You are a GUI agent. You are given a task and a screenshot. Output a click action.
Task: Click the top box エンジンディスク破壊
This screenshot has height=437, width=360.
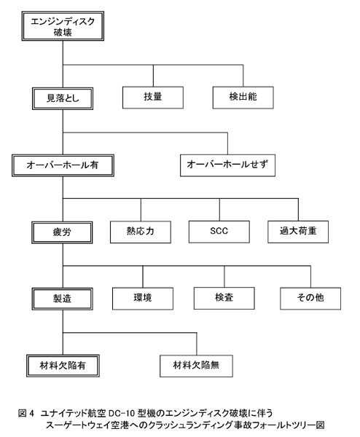coord(63,26)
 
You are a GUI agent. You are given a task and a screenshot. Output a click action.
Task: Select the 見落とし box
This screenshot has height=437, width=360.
coord(63,98)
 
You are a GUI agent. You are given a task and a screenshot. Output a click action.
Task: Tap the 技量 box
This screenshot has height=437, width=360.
coord(153,98)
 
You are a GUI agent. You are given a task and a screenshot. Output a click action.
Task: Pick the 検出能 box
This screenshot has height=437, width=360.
coord(243,98)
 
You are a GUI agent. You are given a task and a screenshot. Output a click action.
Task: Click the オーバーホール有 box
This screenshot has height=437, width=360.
coord(63,165)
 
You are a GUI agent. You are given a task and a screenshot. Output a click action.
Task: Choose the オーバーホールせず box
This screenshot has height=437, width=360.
coord(227,165)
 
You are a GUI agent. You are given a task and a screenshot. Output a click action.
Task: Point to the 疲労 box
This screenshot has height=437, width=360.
coord(62,232)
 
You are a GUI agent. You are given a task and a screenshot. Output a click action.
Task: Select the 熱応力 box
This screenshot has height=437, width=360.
coord(141,232)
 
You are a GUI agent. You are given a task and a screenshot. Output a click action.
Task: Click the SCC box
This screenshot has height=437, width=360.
coord(219,232)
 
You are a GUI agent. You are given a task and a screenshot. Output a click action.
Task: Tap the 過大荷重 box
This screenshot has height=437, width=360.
coord(298,232)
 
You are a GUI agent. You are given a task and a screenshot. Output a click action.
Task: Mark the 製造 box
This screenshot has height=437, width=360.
coord(62,299)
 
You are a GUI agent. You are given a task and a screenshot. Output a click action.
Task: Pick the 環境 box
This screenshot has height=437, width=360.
coord(143,299)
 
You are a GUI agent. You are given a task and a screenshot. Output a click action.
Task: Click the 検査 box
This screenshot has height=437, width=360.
coord(224,298)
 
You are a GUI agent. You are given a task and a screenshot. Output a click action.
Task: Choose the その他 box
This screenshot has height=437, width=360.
coord(310,299)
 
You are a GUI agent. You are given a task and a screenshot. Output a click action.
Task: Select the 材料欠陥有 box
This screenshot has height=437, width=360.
coord(63,366)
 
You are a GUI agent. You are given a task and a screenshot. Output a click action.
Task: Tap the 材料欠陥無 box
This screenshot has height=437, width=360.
coord(196,366)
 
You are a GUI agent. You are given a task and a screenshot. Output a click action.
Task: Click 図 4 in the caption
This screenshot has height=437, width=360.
coord(26,413)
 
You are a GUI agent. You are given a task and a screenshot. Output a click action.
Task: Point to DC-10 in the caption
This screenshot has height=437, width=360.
coord(122,413)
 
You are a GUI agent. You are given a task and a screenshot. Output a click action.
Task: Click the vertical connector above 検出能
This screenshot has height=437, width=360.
coord(243,76)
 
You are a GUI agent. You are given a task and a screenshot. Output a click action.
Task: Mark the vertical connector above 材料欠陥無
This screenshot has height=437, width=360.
coord(197,344)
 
